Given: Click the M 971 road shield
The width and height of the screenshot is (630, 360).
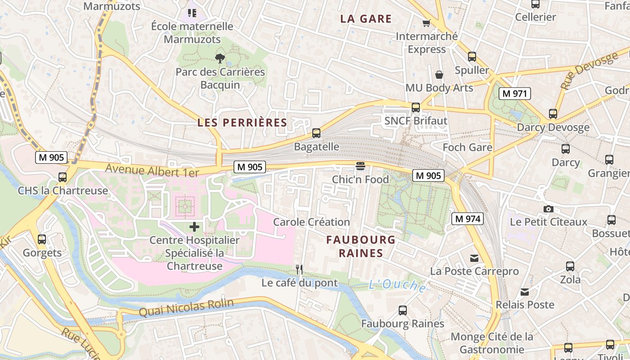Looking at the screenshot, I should point(514,94).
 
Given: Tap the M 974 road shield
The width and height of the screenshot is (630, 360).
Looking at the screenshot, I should point(467,219).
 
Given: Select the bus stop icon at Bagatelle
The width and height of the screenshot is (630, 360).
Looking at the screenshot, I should point(316,133).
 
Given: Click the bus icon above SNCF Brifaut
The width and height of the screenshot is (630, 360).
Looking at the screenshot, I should point(416,108).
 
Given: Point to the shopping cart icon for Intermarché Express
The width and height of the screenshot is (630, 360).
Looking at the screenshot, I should point(426,23).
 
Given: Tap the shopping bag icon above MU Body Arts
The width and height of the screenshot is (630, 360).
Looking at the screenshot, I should point(439,75).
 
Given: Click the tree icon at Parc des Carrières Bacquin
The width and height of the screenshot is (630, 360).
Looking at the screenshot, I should point(220,58).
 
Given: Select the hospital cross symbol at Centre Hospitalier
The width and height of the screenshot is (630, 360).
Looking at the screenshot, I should point(194,226).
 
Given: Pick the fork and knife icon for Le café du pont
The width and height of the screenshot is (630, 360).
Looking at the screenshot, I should point(299,270).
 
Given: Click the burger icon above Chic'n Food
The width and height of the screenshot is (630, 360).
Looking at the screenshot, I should point(360,166).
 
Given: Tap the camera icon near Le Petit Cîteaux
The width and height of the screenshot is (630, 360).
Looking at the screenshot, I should point(548,209).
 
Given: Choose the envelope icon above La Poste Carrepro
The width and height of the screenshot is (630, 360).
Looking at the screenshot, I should point(474,258).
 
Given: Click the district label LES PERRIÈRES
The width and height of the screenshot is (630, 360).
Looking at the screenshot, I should point(242,122).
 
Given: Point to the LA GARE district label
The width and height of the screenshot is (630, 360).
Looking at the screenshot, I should point(366,19).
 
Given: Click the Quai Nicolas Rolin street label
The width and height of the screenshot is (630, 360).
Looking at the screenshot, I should point(186,308).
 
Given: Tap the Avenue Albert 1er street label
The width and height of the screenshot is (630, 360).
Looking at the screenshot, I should point(152,171).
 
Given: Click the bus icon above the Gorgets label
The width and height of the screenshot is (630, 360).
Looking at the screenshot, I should point(42,239).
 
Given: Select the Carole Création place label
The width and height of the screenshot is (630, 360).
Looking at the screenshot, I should point(311,222).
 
